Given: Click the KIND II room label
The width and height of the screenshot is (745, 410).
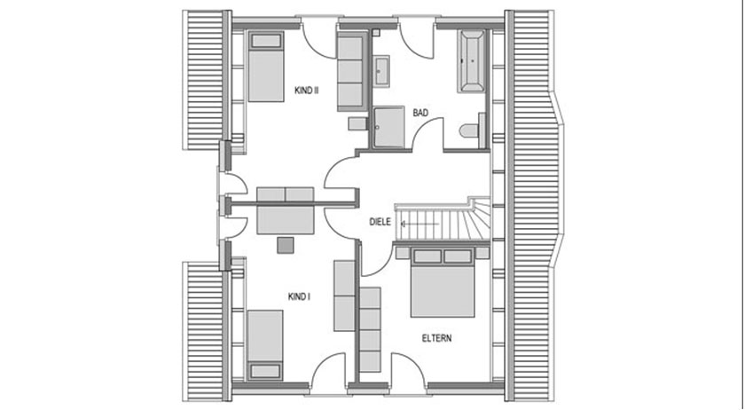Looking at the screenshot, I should (306, 90).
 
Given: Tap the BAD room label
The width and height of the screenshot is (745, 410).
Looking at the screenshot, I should (420, 113).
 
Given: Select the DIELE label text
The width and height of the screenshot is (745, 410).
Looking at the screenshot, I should (380, 223).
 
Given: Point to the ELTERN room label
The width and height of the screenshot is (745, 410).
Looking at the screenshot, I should (436, 337).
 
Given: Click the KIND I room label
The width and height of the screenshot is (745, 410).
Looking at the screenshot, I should (299, 296).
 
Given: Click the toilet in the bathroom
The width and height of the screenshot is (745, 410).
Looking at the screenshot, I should (469, 131).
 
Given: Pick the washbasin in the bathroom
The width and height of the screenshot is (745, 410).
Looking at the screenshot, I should (382, 71).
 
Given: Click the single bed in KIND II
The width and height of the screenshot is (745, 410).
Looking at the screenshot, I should (263, 67).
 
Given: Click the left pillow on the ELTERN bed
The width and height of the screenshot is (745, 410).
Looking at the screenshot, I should (427, 257).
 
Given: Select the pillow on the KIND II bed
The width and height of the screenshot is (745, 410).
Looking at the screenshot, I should (263, 41).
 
